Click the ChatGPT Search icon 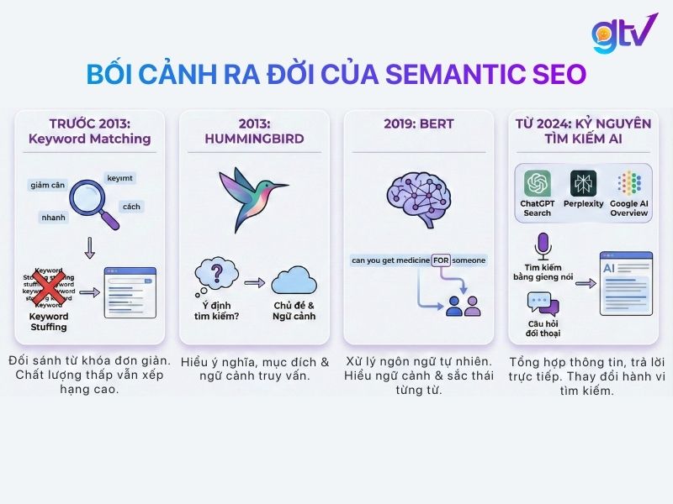click(536, 183)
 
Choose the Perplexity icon click(583, 183)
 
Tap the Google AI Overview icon click(629, 183)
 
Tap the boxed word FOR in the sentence click(441, 260)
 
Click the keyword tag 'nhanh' click(53, 217)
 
